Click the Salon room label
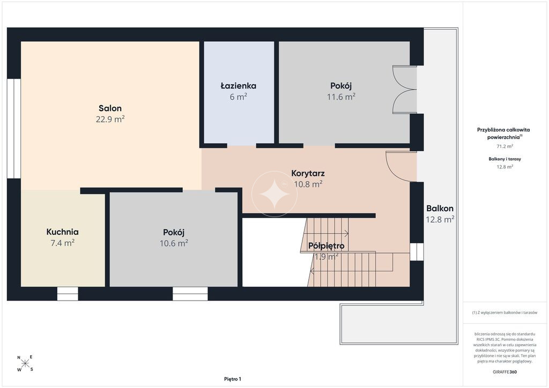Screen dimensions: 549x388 [x=110, y=108]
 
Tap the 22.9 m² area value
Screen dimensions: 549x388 [x=110, y=119]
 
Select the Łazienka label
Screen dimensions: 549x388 [x=239, y=86]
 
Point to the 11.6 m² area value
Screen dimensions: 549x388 [x=341, y=96]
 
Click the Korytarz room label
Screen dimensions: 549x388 [x=308, y=173]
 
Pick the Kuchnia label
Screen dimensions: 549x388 [x=62, y=232]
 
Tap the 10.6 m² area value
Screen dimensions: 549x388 [x=174, y=243]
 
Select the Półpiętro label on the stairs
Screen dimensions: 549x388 [x=327, y=246]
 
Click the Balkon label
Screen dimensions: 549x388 [x=440, y=208]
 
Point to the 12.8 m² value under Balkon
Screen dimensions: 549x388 [x=440, y=219]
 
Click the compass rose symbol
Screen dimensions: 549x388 [x=25, y=363]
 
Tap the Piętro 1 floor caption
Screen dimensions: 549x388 [x=233, y=379]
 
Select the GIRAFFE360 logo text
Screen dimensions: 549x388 [x=505, y=372]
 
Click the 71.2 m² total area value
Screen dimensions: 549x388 [x=505, y=146]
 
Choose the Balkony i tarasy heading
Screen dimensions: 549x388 [x=505, y=159]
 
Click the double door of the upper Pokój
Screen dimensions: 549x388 [x=404, y=89]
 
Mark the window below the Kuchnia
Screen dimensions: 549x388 [x=68, y=294]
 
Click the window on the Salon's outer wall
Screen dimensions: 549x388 [x=13, y=129]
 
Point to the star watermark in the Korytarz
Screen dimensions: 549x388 [x=274, y=194]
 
